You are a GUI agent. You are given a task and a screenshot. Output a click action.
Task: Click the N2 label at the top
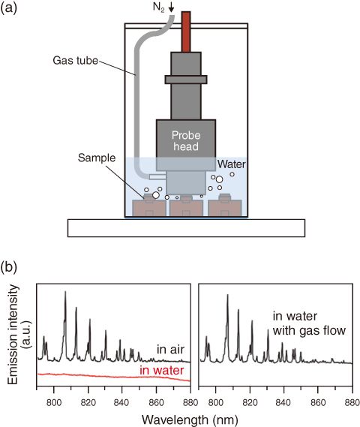159,7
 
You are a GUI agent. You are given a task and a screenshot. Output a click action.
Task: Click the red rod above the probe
186,32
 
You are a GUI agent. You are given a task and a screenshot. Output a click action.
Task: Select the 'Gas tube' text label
75,61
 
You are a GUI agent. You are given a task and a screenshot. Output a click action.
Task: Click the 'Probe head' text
186,141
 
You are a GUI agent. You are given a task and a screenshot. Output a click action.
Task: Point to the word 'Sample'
97,158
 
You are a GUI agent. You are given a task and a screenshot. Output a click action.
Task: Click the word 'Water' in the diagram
232,164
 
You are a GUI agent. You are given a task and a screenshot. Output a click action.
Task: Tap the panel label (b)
9,267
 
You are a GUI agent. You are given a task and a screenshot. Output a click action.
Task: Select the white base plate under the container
186,228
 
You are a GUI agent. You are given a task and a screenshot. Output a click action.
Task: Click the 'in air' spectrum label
170,350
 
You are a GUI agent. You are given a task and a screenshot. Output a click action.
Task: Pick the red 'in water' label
162,371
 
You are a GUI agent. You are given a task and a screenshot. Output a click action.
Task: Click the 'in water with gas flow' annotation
309,323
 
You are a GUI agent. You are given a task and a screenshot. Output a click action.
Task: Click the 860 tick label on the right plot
318,402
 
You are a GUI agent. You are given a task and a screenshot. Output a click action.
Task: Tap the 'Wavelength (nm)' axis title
190,419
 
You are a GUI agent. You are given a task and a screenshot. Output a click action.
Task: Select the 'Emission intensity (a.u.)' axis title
19,335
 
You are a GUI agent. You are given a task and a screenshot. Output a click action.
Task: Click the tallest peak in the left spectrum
65,291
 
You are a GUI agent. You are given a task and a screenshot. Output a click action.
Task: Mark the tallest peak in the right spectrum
227,295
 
